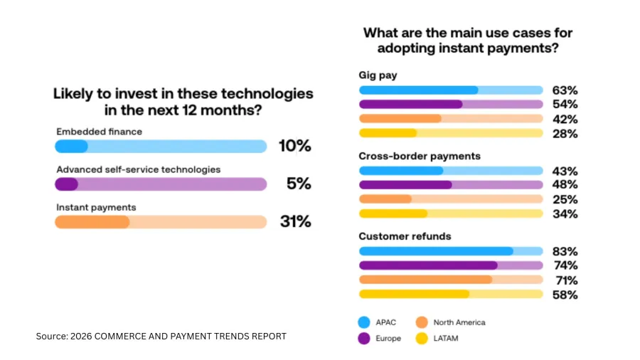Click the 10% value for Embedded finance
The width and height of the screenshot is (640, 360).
tap(294, 146)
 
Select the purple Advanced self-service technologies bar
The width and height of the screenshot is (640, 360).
tap(160, 184)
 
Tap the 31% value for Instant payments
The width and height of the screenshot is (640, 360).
tap(294, 221)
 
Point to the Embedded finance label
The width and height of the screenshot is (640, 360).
tap(99, 132)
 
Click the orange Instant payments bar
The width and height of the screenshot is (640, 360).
tap(160, 221)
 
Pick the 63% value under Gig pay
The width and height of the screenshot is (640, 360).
tap(565, 90)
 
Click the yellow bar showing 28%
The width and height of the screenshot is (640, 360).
tap(451, 133)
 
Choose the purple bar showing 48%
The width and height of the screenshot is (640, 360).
tap(451, 185)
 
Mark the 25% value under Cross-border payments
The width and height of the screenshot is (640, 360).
tap(565, 199)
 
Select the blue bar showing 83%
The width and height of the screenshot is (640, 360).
tap(451, 251)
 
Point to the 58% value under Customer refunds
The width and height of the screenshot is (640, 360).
tap(565, 295)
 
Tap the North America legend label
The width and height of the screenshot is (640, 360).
tap(459, 322)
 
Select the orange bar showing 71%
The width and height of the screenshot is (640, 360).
tap(451, 280)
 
